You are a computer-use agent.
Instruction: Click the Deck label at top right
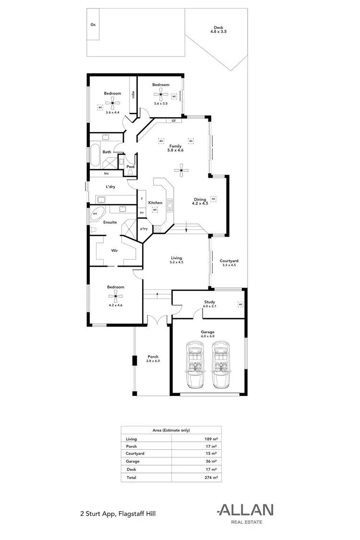(218, 27)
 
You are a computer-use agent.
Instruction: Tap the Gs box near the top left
(93, 24)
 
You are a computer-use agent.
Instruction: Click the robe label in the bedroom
(133, 95)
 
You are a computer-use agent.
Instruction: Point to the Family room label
(175, 145)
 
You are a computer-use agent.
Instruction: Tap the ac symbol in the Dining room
(214, 198)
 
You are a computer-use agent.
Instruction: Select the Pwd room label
(130, 167)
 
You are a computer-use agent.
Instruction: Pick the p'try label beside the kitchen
(144, 228)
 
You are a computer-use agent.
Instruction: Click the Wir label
(115, 251)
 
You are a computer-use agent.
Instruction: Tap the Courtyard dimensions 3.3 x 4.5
(229, 265)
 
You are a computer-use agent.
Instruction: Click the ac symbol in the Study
(240, 304)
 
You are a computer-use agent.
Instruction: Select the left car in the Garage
(196, 364)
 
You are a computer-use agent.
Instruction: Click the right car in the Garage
(221, 364)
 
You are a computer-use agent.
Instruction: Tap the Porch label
(153, 357)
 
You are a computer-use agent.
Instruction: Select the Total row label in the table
(131, 478)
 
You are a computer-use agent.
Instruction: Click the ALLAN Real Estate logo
(245, 513)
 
